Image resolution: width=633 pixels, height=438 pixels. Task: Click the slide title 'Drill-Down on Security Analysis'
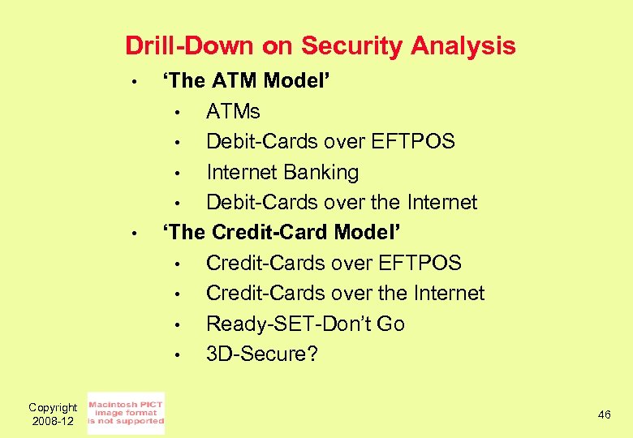(321, 45)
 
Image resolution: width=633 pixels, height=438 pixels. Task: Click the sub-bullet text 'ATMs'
(233, 111)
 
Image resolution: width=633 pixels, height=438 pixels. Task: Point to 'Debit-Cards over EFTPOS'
(330, 141)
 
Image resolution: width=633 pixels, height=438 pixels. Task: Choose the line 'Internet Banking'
(282, 172)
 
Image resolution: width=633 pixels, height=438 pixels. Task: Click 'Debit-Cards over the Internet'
(342, 202)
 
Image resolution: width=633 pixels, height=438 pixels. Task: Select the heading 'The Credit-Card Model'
(282, 232)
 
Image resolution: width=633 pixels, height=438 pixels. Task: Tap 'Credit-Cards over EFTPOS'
(334, 263)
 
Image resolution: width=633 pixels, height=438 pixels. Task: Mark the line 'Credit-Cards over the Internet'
(345, 293)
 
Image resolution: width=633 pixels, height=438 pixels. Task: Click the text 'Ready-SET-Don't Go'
(305, 324)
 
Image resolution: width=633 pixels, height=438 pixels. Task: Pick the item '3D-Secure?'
(262, 354)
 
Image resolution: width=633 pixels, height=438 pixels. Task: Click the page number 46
(604, 414)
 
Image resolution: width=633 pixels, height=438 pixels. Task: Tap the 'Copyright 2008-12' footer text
(52, 414)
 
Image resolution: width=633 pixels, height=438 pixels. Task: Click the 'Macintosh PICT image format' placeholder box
(126, 413)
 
